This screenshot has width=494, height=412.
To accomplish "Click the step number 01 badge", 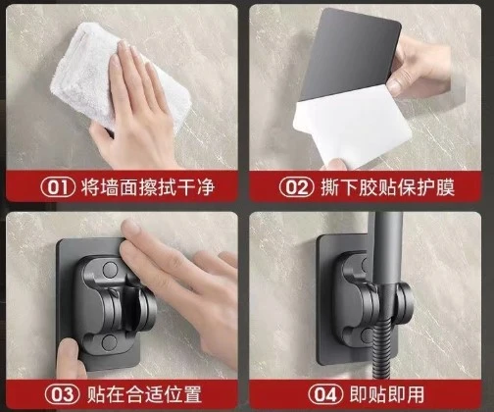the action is [x=58, y=187].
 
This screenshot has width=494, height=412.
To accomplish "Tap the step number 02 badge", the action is [x=297, y=187].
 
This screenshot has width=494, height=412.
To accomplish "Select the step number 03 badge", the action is [x=62, y=394].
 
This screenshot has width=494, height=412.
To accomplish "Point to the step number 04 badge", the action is [x=325, y=394].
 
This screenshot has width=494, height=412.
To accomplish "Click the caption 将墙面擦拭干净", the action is [x=148, y=187].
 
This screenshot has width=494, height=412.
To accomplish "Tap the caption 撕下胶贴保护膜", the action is [x=387, y=187].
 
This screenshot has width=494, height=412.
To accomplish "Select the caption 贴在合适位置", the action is [x=144, y=394].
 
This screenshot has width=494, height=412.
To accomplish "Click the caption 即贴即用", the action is [x=387, y=394].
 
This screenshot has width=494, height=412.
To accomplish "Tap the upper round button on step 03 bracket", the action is [x=110, y=270].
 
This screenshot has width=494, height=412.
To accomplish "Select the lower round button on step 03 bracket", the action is [x=109, y=342].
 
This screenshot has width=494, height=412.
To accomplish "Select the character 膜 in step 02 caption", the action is [x=445, y=187].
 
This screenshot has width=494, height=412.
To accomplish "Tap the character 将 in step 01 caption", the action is [x=90, y=187].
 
